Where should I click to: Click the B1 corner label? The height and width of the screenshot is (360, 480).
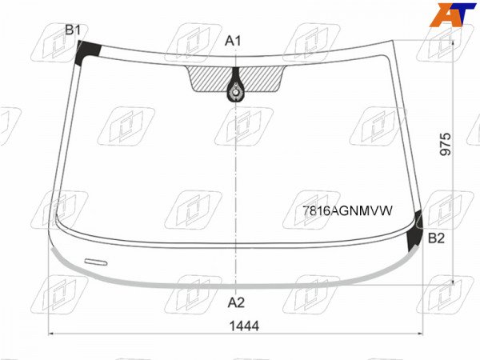click(x=73, y=30)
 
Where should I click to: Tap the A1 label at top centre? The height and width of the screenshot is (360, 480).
click(x=233, y=41)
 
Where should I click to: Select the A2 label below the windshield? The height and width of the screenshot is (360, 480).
click(x=236, y=302)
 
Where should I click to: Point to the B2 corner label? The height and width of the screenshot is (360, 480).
click(x=436, y=238)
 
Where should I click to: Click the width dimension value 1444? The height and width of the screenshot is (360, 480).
click(x=244, y=326)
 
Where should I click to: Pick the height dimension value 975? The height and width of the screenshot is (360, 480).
click(x=446, y=144)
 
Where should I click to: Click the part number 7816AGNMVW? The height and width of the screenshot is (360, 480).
click(x=347, y=210)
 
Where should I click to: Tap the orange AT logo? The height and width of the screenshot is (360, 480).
click(x=453, y=14)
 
